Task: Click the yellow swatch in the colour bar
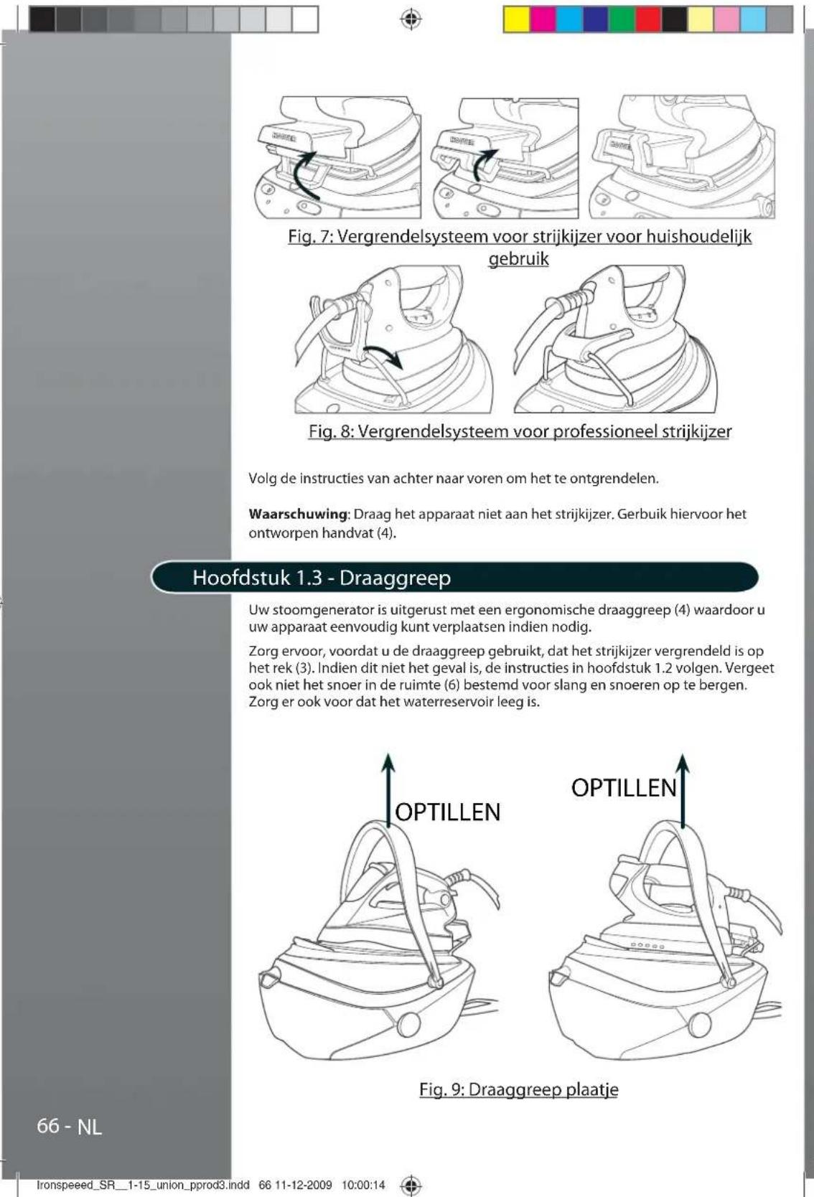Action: pyautogui.click(x=516, y=19)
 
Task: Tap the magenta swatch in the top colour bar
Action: pyautogui.click(x=543, y=19)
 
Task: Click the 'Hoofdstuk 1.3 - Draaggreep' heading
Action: pyautogui.click(x=322, y=578)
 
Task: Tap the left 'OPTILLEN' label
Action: pyautogui.click(x=448, y=812)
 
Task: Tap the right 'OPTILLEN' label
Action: pyautogui.click(x=624, y=788)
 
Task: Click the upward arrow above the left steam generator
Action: pyautogui.click(x=388, y=789)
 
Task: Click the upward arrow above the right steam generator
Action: pyautogui.click(x=683, y=789)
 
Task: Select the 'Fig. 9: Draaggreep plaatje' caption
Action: pyautogui.click(x=518, y=1089)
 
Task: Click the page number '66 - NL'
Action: pyautogui.click(x=70, y=1127)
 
